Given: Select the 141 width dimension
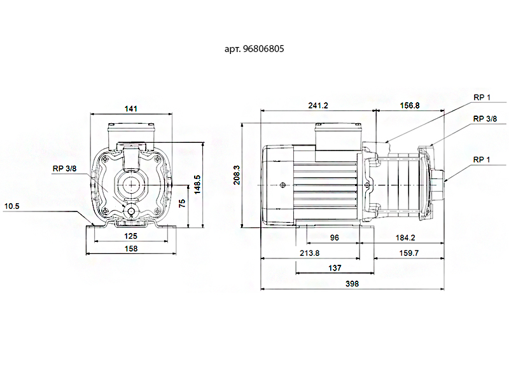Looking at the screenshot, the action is pos(131,109).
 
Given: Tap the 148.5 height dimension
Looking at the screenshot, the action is pos(197,185).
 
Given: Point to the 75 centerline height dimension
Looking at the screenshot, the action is pos(182,203).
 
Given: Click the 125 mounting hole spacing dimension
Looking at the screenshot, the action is pos(131,236).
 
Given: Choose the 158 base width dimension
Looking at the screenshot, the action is pos(131,248).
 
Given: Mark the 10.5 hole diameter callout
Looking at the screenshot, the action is pos(11,206).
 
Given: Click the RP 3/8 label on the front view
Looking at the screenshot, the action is pos(65,168).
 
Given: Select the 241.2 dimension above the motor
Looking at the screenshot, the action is pos(318,105).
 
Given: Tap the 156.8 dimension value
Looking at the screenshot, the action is pos(410,105).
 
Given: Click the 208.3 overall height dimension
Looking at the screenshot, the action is pos(237,175).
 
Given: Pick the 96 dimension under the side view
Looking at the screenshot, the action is pos(335,237).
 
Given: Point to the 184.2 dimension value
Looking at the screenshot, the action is pos(405,237).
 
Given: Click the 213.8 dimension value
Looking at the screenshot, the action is pos(309,253).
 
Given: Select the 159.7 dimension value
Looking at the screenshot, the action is pos(408,253).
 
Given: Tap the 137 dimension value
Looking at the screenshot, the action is pos(335,268).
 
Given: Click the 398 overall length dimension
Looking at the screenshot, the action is pos(352,284).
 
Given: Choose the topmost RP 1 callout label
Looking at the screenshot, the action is pos(482,97).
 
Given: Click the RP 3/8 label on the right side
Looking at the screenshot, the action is pos(485,119).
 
